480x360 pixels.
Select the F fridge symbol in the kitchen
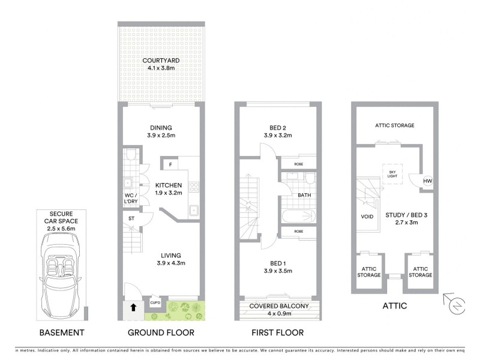(x=170, y=164)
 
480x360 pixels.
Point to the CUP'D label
(x=155, y=303)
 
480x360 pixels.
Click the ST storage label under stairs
(x=131, y=219)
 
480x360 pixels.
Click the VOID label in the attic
(x=368, y=217)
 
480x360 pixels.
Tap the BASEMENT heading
(x=61, y=332)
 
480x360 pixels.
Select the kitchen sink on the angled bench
(x=195, y=210)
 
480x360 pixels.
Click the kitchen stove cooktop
(x=195, y=186)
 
